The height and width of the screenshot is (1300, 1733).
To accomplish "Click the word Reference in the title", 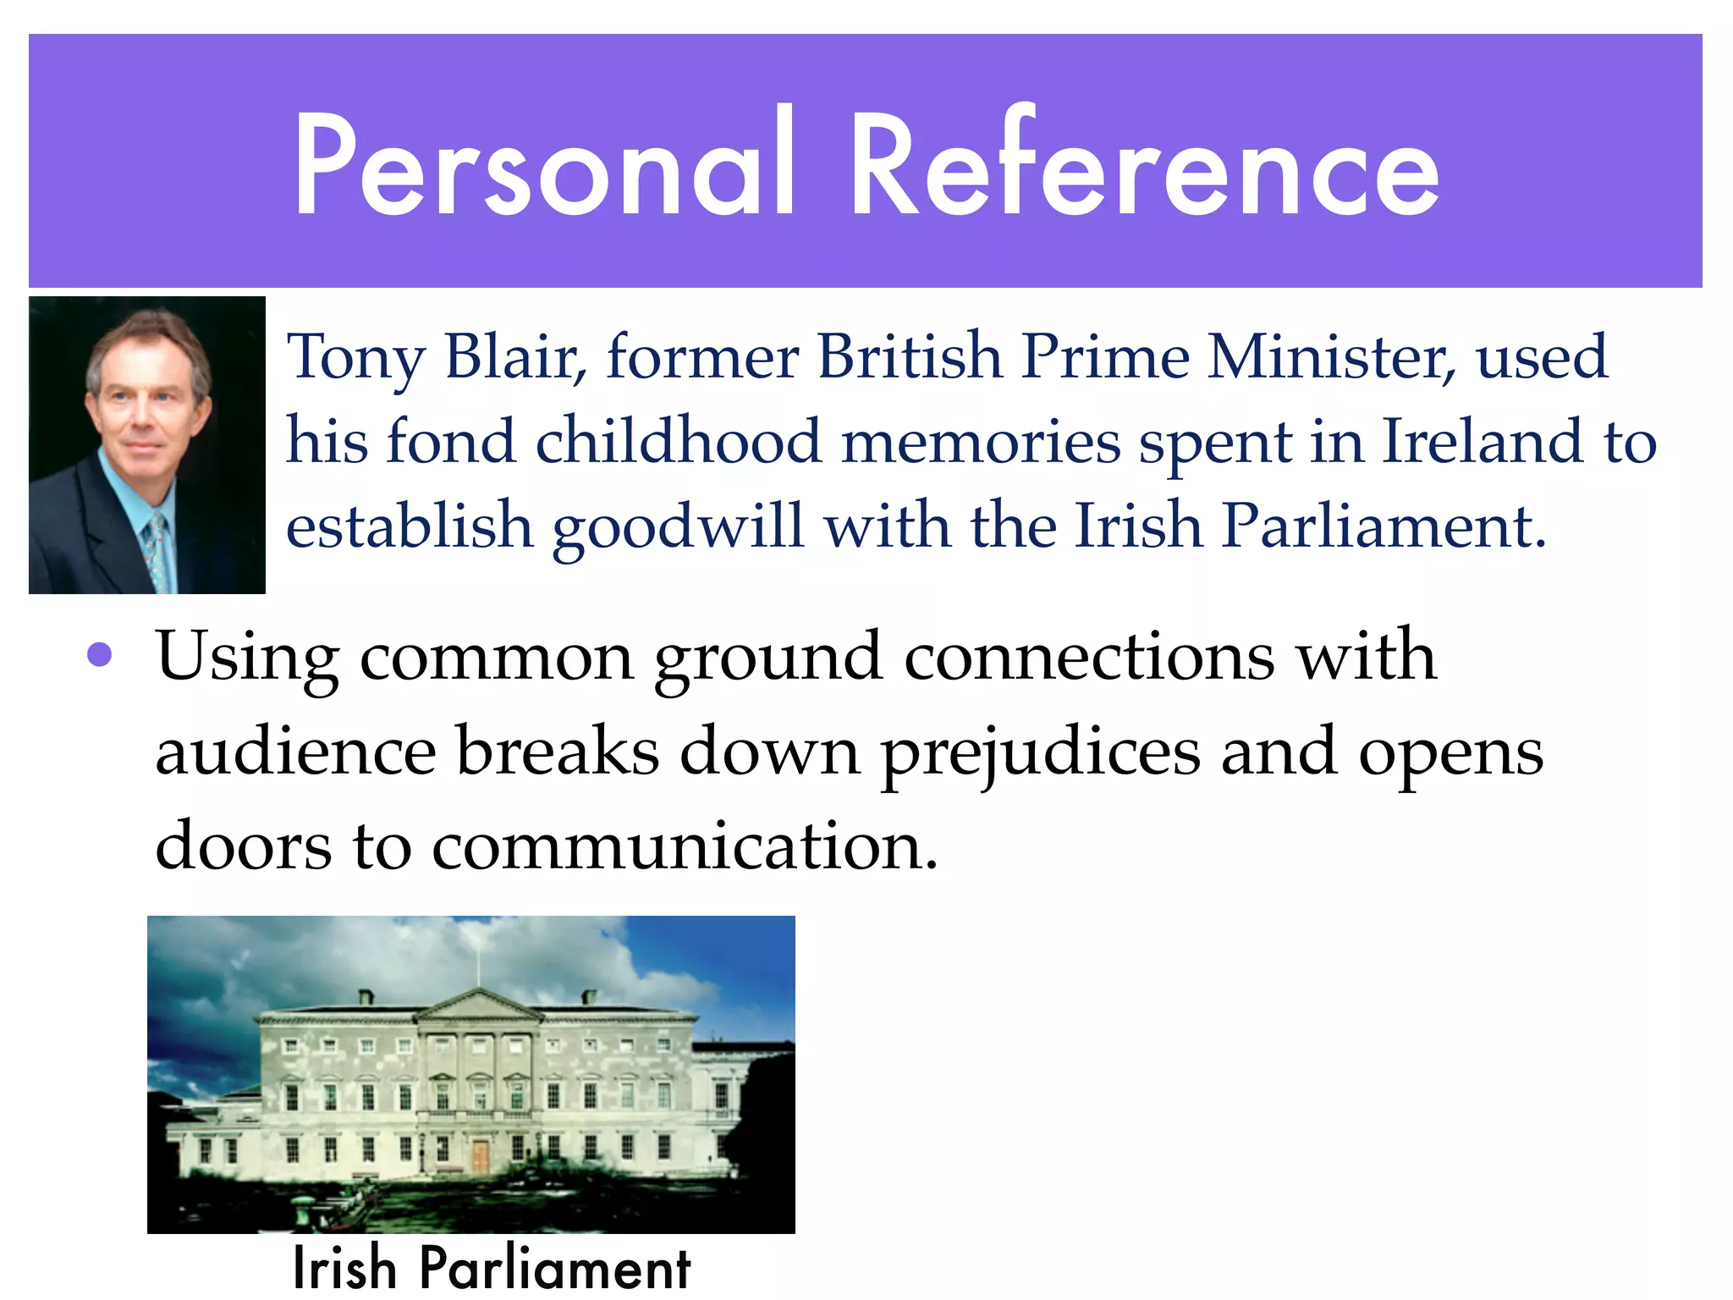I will click(x=1143, y=165).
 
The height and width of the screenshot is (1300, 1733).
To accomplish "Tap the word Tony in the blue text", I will click(x=355, y=358).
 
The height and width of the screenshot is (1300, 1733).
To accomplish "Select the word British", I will click(x=909, y=356).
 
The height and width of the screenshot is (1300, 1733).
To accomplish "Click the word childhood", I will click(x=678, y=441).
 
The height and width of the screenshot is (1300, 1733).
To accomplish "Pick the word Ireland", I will click(x=1482, y=441).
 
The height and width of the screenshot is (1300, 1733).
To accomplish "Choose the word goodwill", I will click(x=678, y=527).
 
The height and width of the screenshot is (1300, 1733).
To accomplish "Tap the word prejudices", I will click(x=1040, y=752).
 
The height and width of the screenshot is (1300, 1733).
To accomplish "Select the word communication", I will click(x=685, y=846).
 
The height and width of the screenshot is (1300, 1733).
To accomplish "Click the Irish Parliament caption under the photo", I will click(x=492, y=1268).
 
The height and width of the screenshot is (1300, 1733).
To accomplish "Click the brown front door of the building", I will click(x=481, y=1155).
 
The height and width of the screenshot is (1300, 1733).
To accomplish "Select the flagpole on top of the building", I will click(x=479, y=965).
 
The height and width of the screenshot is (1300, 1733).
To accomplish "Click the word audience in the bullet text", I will click(x=295, y=752).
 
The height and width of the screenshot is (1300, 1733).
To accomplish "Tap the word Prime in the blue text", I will click(x=1104, y=356).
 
